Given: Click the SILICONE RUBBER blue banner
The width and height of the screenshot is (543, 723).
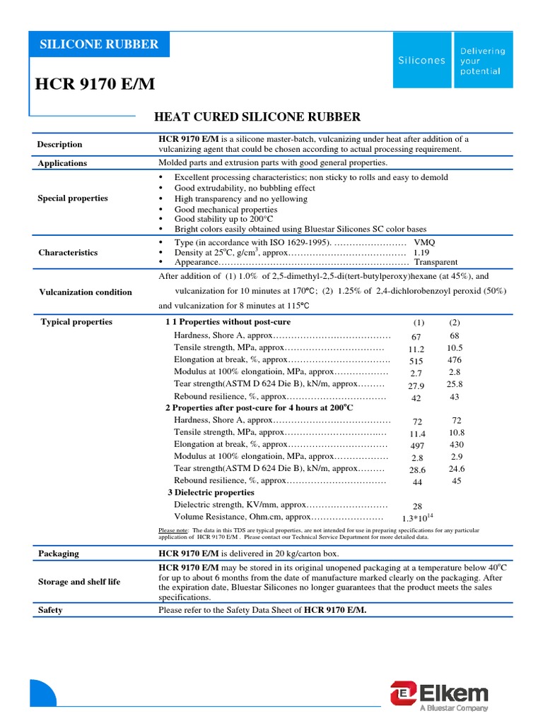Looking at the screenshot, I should click(x=99, y=44).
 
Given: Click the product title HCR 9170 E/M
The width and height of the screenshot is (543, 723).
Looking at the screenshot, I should click(x=95, y=85).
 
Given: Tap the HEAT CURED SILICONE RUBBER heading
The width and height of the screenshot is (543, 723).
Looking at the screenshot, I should click(x=257, y=116).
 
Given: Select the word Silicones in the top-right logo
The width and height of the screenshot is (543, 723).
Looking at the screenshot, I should click(x=421, y=61).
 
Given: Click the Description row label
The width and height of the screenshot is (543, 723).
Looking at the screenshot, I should click(x=60, y=145).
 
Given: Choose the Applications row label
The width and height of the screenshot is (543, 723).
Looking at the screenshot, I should click(x=62, y=163).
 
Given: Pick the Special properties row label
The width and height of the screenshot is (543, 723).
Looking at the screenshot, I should click(x=73, y=198).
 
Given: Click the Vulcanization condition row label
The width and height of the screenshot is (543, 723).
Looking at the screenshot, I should click(x=85, y=292).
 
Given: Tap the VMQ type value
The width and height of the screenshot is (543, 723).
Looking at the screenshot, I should click(x=425, y=241).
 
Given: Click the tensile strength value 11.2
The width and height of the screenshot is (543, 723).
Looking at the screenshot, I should click(x=416, y=349).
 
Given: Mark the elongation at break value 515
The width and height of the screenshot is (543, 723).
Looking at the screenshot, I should click(x=416, y=361).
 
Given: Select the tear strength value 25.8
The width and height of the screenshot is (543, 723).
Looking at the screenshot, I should click(x=455, y=385).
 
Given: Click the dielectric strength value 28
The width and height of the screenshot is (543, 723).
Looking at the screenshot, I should click(x=416, y=506).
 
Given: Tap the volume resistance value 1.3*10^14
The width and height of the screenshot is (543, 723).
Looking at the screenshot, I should click(x=417, y=518).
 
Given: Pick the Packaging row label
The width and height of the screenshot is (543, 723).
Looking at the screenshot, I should click(x=59, y=554).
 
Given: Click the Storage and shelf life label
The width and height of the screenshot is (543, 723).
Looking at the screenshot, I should click(x=79, y=582).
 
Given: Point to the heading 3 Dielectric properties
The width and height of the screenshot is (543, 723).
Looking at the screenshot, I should click(x=211, y=493).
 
